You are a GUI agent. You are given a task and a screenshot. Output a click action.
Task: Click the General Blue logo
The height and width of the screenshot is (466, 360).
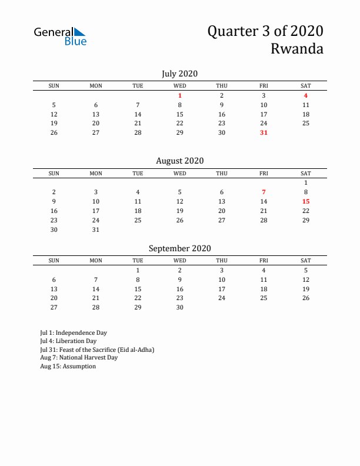point(60,36)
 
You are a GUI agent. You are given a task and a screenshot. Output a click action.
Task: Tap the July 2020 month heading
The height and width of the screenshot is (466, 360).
point(179,74)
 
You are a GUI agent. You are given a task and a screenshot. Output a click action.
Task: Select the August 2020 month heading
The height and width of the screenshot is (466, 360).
point(179,161)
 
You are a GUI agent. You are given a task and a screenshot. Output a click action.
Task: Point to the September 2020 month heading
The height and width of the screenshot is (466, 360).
point(179,248)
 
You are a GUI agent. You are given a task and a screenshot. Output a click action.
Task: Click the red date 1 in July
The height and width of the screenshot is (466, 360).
point(180,95)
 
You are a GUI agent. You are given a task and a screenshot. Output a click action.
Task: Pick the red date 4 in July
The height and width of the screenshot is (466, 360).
point(306,95)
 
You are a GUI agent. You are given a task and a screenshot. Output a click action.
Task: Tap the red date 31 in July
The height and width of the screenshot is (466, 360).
point(264,132)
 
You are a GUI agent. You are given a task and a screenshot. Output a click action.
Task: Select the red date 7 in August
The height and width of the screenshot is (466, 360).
point(264,192)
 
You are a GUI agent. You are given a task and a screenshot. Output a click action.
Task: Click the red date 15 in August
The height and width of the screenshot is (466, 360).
point(306,201)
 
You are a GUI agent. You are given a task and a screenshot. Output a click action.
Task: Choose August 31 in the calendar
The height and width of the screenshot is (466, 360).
point(96,229)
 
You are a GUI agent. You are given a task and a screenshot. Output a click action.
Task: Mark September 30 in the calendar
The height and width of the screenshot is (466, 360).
point(180,308)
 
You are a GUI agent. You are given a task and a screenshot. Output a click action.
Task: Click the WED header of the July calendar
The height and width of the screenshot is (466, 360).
point(180,86)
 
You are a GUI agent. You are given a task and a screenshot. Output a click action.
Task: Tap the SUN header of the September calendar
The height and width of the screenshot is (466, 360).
point(54,261)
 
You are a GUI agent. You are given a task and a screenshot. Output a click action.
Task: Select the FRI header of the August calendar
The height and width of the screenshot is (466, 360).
point(264,174)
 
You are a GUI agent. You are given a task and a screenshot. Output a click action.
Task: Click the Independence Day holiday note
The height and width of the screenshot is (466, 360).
point(74,332)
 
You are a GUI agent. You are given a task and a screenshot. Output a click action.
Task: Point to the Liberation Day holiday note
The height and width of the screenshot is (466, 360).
point(68,341)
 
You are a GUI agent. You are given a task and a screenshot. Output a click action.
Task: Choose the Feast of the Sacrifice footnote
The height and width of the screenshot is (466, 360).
point(97,349)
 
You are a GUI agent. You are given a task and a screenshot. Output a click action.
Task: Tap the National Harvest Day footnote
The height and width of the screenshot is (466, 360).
point(79,358)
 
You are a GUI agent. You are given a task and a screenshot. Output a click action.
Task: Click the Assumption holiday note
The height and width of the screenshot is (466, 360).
point(68,366)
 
